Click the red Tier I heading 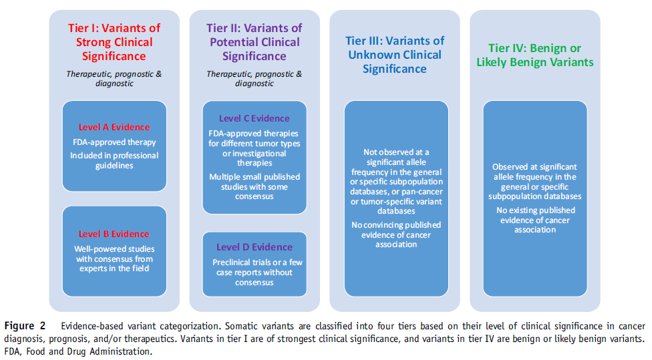tap(114, 42)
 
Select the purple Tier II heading tap(255, 42)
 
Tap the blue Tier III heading tap(395, 55)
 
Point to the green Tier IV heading tap(534, 55)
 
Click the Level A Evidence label tap(114, 127)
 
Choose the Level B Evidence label tap(114, 234)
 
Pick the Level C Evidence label tap(255, 118)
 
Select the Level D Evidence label tap(255, 247)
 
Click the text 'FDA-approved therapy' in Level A tap(114, 142)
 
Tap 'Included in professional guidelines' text tap(114, 160)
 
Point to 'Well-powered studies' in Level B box tap(114, 249)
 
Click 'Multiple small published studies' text tap(255, 182)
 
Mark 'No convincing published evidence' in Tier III tap(396, 230)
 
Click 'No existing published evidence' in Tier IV tap(536, 215)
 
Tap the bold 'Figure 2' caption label tap(25, 326)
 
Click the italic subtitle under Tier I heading tap(114, 79)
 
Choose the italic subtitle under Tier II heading tap(255, 79)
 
